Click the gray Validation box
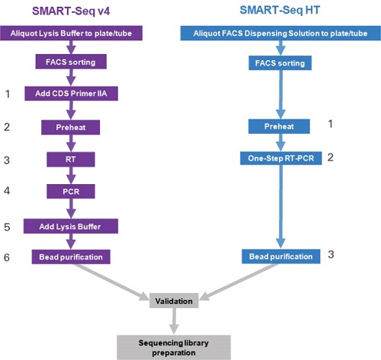(x=175, y=301)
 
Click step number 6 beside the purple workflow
(x=8, y=258)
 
